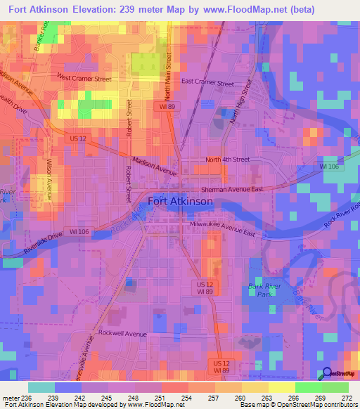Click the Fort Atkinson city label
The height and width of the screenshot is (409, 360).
[x=180, y=201]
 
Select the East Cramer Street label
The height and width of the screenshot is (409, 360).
[x=207, y=82]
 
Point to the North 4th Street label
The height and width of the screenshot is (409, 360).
[x=227, y=160]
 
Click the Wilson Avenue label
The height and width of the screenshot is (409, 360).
[x=49, y=178]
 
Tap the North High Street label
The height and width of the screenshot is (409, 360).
[x=240, y=101]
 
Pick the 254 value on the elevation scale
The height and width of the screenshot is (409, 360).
[x=188, y=398]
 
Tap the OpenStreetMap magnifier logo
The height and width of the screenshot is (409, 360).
[x=328, y=374]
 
